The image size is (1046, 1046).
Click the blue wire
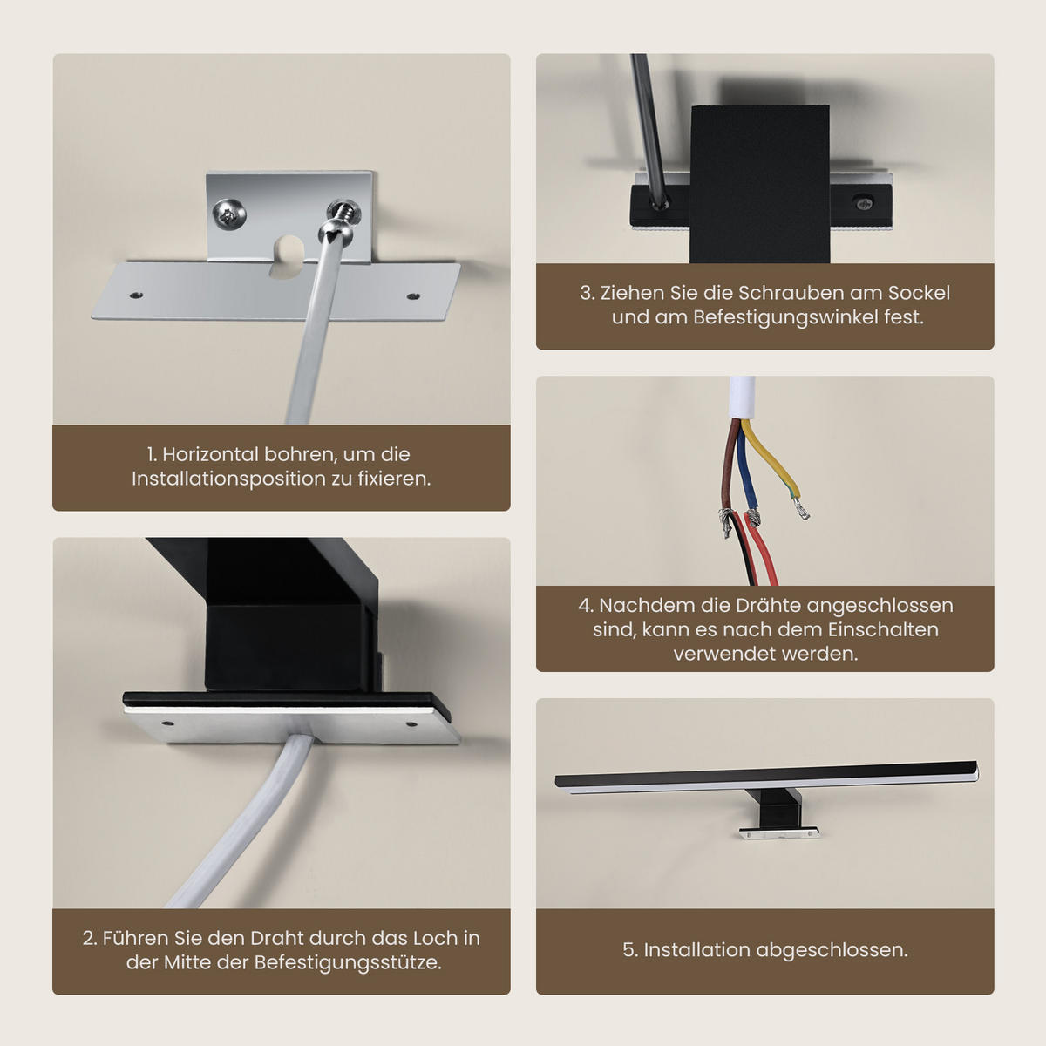tap(744, 475)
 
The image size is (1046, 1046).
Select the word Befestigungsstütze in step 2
tap(348, 963)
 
